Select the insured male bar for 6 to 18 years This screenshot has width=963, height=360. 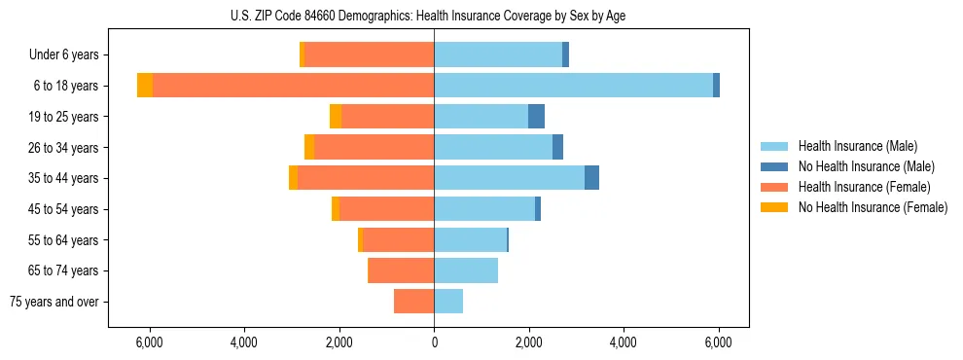point(573,86)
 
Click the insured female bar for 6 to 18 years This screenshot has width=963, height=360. point(293,86)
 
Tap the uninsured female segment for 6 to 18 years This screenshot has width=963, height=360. point(145,86)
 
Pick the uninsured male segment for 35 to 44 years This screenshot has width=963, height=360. point(591,178)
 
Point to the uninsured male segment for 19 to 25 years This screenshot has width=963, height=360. point(536,117)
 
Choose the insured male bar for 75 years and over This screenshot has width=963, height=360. point(448,302)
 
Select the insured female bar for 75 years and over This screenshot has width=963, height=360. point(413,302)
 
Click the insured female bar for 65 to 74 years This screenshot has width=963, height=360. point(402,270)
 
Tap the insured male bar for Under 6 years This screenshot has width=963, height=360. point(498,54)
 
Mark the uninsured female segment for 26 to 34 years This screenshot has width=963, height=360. point(309,147)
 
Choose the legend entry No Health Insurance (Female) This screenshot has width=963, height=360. point(873,207)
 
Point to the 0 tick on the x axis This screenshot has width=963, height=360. point(434,342)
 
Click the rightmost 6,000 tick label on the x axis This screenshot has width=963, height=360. point(718,342)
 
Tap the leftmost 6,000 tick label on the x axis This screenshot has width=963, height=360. point(149,342)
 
